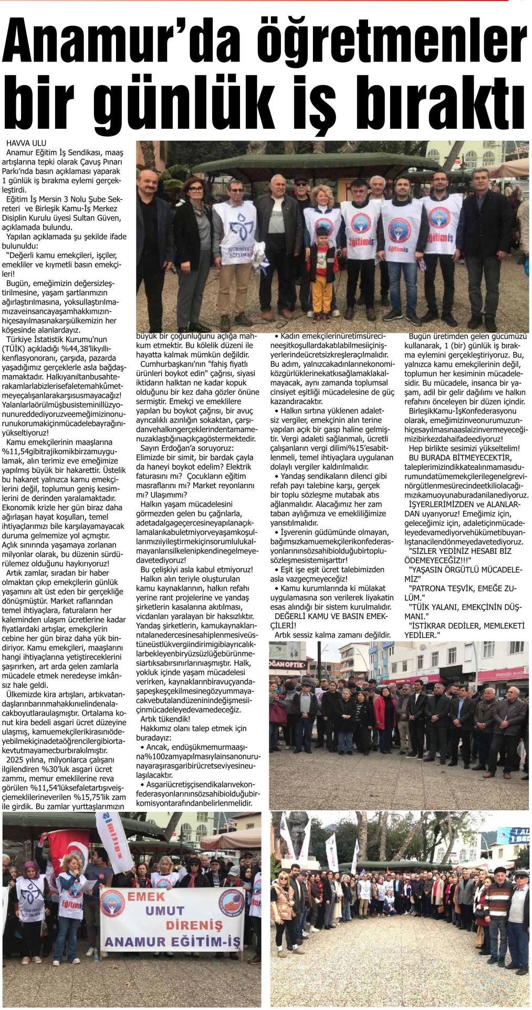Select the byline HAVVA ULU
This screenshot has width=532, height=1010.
[26, 143]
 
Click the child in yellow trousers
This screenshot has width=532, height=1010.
[321, 276]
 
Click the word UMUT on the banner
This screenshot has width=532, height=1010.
[164, 910]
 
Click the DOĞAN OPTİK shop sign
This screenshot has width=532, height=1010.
[287, 664]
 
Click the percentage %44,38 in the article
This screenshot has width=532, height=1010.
[79, 348]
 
